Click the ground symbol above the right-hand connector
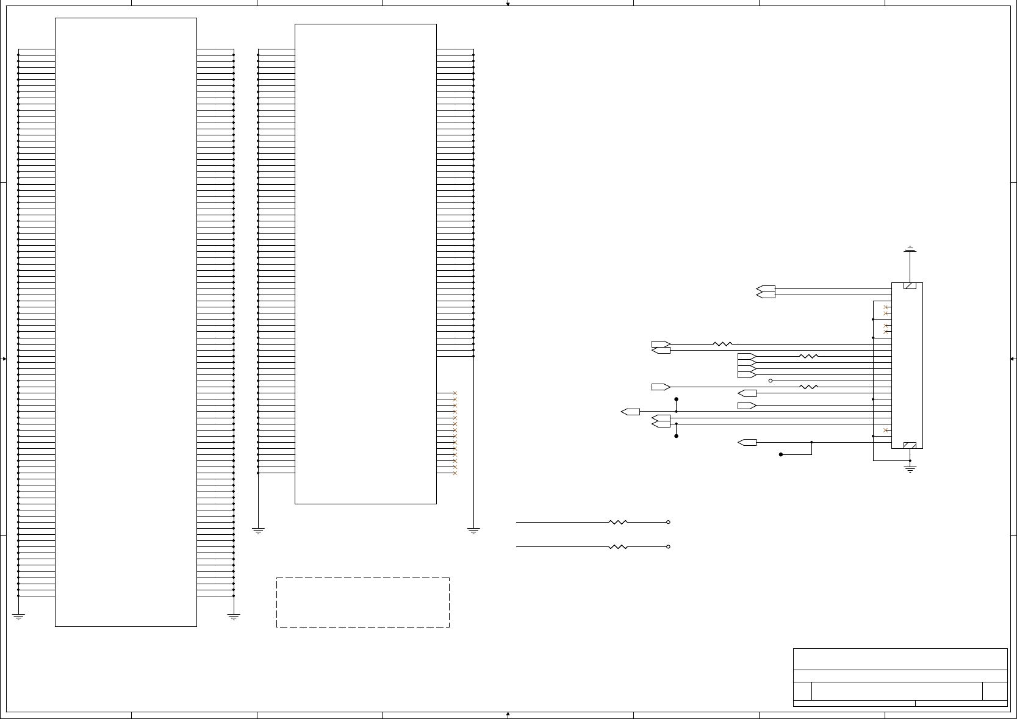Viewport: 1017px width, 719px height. [910, 249]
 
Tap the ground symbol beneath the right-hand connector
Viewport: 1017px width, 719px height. [910, 469]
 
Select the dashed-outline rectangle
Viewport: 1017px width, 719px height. [363, 602]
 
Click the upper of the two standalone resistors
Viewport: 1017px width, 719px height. [618, 522]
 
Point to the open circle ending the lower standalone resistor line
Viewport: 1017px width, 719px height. [668, 546]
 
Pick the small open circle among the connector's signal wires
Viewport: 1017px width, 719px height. [771, 381]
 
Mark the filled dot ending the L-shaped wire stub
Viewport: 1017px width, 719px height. [781, 454]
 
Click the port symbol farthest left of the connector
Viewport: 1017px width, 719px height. [630, 412]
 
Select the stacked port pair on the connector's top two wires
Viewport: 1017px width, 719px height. [766, 292]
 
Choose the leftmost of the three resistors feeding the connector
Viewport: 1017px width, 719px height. [722, 344]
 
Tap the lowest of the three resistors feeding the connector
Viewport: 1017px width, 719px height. [808, 387]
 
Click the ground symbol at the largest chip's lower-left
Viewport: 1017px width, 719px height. [18, 617]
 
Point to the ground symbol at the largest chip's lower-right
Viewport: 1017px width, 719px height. [234, 617]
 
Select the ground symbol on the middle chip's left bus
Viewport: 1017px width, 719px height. [258, 531]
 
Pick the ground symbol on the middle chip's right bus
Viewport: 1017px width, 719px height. [473, 531]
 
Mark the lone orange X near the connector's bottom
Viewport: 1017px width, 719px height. [886, 430]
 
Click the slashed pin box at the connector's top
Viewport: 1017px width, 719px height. [910, 286]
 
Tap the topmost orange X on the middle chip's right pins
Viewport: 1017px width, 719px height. [455, 393]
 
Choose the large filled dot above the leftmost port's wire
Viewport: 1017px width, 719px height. [676, 399]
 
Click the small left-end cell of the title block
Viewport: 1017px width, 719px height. [802, 692]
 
